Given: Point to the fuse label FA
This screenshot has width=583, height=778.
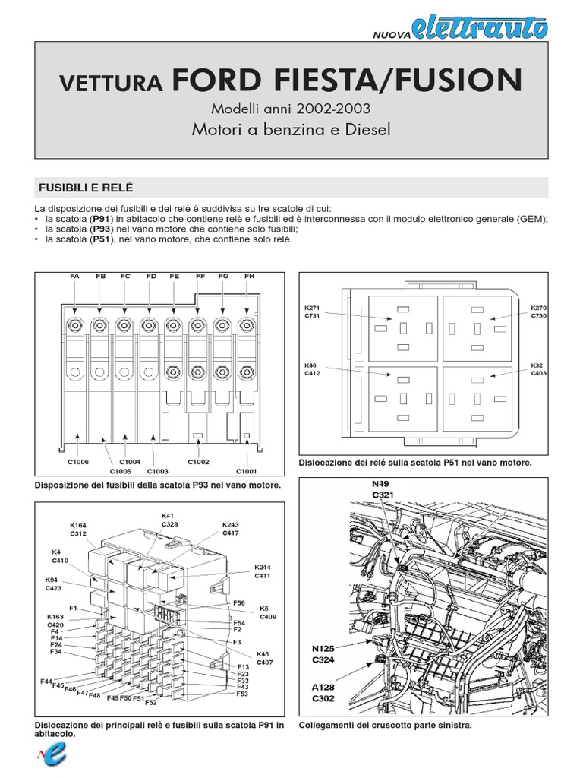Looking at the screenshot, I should coord(74,277).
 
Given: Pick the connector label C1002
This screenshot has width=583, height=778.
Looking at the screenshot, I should coord(198,461).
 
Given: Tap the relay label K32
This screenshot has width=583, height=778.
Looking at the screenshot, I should coord(537,365).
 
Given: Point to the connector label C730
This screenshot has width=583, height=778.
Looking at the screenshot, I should coord(538,315).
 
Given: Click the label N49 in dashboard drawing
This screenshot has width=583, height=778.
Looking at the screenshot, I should coord(382,482).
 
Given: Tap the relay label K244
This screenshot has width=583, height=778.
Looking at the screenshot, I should coord(262,568).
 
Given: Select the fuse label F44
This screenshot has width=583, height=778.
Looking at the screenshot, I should coord(46,682).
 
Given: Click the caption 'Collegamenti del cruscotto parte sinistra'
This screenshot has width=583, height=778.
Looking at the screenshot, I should coord(385,726).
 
